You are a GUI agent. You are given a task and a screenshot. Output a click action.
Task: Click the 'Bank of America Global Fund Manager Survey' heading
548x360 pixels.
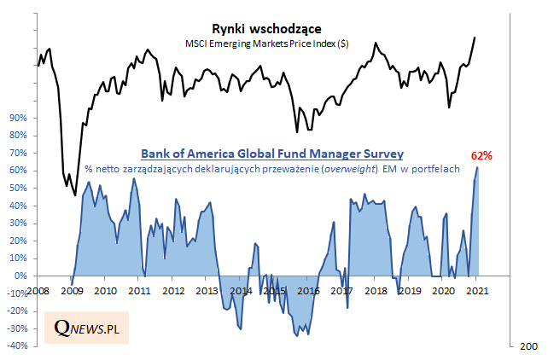pyautogui.click(x=271, y=154)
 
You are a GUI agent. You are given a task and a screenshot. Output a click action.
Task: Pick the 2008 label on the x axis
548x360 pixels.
pyautogui.click(x=38, y=291)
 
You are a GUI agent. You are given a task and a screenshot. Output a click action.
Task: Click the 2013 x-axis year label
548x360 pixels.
pyautogui.click(x=207, y=291)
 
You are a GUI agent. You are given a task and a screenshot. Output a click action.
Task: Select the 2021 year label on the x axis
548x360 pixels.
pyautogui.click(x=478, y=291)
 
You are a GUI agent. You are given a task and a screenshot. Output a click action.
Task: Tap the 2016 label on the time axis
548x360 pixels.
pyautogui.click(x=308, y=291)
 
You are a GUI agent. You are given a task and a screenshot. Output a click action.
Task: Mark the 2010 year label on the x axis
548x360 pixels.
pyautogui.click(x=105, y=291)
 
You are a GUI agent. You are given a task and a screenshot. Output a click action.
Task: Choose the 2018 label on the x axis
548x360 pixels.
pyautogui.click(x=376, y=291)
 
